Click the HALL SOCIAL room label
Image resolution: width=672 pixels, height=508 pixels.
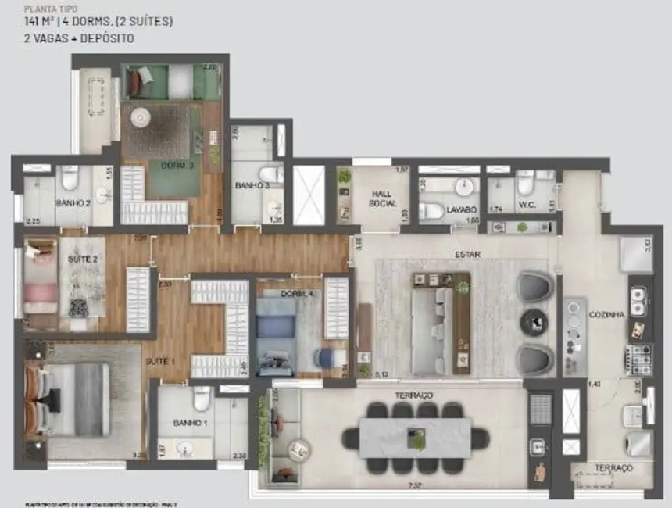383,199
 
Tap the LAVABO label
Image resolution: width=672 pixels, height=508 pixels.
461,210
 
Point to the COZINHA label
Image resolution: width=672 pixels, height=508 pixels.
609,314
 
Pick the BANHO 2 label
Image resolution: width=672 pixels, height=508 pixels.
73,202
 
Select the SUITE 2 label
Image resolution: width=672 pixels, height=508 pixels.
83,259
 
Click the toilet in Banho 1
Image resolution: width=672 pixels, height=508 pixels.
202,399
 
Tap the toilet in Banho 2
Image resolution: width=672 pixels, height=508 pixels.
70,178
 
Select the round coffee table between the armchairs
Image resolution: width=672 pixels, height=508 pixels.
535,319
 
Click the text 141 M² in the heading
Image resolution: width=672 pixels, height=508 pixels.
45,22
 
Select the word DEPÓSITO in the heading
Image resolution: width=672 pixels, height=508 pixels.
109,38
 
